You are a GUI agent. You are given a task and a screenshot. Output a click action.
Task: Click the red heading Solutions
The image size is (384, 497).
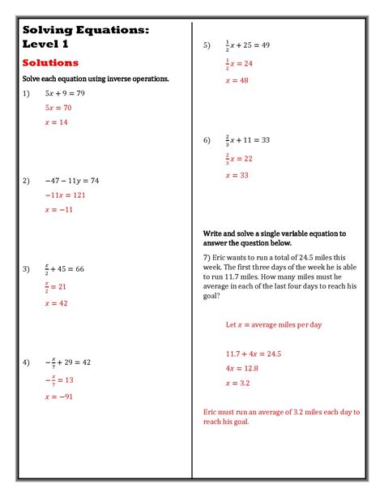pos(50,62)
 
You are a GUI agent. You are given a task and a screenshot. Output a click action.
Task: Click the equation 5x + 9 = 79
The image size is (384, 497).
pos(65,93)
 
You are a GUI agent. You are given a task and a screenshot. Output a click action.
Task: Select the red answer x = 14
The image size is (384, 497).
pos(57,122)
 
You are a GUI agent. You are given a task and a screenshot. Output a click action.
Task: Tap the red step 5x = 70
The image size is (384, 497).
pos(58,107)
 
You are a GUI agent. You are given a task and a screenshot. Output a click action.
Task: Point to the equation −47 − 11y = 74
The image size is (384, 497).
pos(71,181)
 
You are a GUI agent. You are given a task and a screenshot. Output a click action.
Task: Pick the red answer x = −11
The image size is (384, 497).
pos(59,209)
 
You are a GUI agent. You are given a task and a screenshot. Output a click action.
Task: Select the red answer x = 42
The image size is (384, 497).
pos(57,303)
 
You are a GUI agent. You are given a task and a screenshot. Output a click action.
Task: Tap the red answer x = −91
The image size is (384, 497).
pos(59,397)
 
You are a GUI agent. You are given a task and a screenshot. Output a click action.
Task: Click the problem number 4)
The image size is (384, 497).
pos(27,362)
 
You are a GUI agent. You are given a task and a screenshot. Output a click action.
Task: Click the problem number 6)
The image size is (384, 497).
pos(207,139)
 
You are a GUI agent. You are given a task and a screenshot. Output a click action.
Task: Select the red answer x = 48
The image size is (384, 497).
pos(237,80)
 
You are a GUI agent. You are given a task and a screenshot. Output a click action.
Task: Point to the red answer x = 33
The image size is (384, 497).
pos(237,175)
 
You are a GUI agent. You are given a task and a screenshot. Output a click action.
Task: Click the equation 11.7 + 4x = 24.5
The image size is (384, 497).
pos(254,353)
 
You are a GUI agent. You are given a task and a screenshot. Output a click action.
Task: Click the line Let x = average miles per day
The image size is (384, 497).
pos(274,324)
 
